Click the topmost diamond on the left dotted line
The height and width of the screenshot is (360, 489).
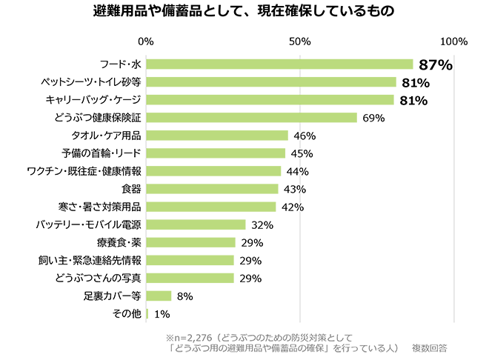coord(145,54)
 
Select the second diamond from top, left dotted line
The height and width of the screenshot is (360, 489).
coord(145,72)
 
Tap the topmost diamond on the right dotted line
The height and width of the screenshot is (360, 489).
coord(300,54)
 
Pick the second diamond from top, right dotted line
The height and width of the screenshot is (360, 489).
coord(300,72)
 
